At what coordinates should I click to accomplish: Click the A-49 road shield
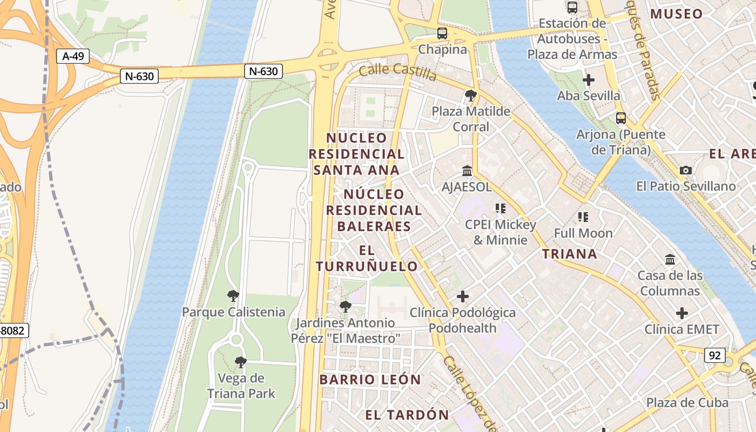(x=72, y=56)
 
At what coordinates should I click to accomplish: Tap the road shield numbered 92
(x=714, y=355)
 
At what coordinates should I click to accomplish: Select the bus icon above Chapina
(x=442, y=33)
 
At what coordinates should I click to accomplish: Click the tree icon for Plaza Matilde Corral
(x=470, y=96)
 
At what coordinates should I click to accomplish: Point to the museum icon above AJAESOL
(x=467, y=171)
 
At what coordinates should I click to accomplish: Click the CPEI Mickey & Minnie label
(x=501, y=232)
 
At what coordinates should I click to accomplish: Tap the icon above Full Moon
(x=583, y=217)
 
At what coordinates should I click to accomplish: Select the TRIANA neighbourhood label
(x=570, y=254)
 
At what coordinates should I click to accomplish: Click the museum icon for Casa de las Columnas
(x=670, y=259)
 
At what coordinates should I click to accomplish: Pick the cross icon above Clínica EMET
(x=682, y=313)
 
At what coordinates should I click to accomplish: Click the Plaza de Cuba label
(x=687, y=403)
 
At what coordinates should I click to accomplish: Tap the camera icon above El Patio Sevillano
(x=686, y=170)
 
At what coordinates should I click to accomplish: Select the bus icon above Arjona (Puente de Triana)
(x=621, y=118)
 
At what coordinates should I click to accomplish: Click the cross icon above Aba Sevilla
(x=589, y=80)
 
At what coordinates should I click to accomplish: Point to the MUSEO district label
(x=677, y=14)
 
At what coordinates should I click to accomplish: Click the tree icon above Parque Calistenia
(x=233, y=295)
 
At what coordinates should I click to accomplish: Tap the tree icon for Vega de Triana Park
(x=241, y=362)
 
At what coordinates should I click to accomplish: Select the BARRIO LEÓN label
(x=370, y=380)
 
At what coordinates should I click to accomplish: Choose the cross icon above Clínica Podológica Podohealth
(x=462, y=296)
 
